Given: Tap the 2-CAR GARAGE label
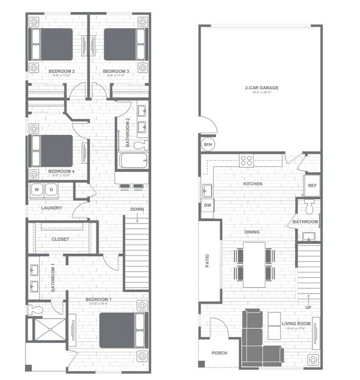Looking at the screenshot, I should click(x=261, y=87).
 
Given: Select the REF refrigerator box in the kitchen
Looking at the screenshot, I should click(x=311, y=186).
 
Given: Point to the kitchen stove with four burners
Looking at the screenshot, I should click(x=246, y=161).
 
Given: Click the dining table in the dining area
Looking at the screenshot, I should click(x=254, y=264).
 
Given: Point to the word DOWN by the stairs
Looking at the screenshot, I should click(x=137, y=209).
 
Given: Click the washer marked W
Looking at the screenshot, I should click(x=38, y=189).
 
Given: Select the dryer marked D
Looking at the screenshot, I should click(x=51, y=189).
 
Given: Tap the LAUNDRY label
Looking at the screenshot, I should click(x=52, y=208).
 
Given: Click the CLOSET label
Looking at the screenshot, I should click(x=60, y=239).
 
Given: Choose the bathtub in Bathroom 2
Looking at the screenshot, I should click(x=133, y=162).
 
